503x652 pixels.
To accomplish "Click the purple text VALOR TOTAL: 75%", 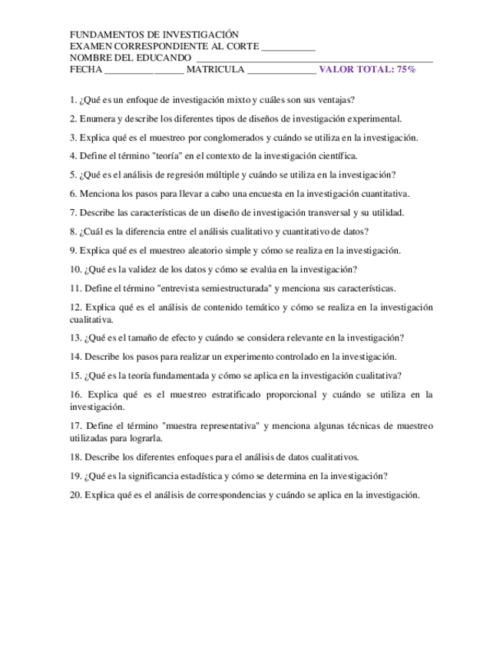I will (x=367, y=69).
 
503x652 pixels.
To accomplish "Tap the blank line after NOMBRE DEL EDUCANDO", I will (x=315, y=58).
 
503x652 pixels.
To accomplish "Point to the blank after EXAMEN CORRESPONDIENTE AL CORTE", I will (x=289, y=47).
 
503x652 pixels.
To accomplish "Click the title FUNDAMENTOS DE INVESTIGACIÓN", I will (x=154, y=35).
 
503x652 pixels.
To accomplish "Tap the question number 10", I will (x=74, y=269).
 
